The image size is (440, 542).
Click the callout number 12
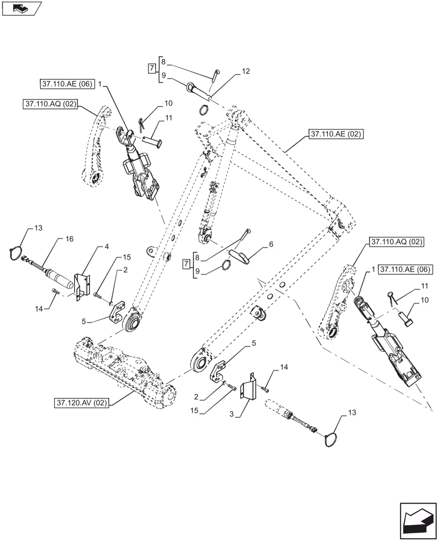coord(246,71)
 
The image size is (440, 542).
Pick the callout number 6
coord(271,244)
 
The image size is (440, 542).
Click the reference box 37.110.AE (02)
coord(336,134)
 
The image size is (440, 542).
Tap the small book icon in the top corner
coord(21,8)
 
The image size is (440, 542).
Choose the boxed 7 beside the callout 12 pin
coord(152,69)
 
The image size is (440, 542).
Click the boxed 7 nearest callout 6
coord(186,264)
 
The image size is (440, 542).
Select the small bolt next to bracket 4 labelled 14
coord(55,293)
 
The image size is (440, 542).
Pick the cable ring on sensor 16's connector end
coord(17,253)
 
